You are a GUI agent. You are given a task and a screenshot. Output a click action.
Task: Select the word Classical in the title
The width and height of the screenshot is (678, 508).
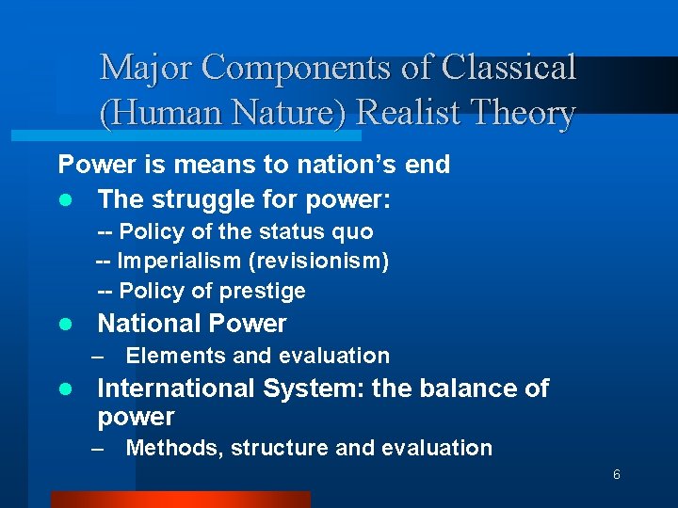(508, 68)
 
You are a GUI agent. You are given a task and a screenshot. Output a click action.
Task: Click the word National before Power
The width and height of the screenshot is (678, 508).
(144, 324)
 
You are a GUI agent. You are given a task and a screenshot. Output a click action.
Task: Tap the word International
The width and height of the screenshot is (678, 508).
(176, 389)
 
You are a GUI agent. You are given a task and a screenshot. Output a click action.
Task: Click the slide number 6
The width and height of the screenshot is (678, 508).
(616, 475)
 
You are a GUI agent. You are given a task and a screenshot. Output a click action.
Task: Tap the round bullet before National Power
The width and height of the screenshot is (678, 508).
(64, 325)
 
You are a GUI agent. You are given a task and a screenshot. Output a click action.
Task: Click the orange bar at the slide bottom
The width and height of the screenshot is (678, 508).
(180, 500)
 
